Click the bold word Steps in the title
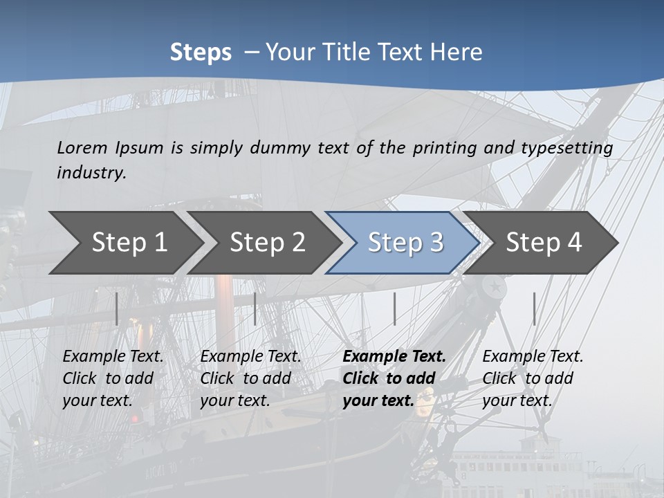pos(201,52)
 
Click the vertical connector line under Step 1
pos(117,308)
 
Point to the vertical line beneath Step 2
pos(255,308)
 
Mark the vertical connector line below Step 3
pos(394,308)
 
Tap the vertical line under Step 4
pos(534,308)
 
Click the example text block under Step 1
pos(113,378)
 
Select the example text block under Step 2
pos(250,378)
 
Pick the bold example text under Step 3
pos(394,378)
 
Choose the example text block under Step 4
pos(533,378)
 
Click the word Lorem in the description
pos(82,147)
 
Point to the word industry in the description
pos(91,172)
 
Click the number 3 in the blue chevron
pos(436,242)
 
